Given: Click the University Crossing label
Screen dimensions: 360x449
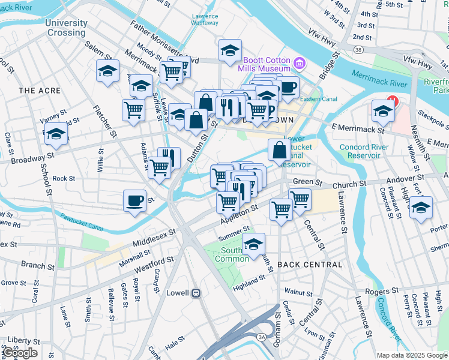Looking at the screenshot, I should tap(66, 28).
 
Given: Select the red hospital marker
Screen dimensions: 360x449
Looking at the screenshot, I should tap(392, 101).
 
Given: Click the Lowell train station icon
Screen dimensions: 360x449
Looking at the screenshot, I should tap(195, 293).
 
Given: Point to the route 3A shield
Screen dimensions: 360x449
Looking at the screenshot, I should tap(262, 338).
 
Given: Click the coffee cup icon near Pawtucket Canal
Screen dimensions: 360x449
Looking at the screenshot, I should tap(135, 200).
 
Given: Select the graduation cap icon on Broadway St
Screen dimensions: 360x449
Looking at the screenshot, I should tap(56, 134).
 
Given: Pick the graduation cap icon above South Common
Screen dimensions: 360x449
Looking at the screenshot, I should tap(254, 244).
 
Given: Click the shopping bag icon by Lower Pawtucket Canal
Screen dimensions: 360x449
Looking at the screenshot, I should tap(280, 150).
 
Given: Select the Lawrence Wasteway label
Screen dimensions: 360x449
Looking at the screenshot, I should tap(205, 19).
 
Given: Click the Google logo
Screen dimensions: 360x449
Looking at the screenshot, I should tap(20, 353).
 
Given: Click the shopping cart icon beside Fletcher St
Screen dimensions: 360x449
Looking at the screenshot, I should tap(133, 110).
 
